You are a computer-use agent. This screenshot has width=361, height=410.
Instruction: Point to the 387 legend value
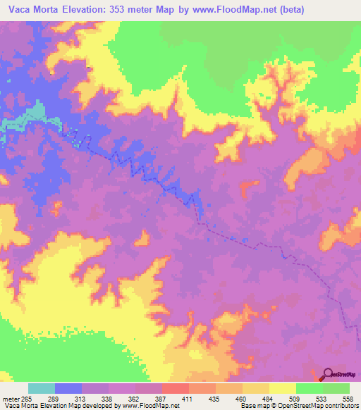tap(178, 399)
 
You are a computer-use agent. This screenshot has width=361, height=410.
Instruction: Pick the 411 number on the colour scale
tap(206, 399)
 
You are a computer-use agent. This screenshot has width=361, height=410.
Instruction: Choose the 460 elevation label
tap(261, 399)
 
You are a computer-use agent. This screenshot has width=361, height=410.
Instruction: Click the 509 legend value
tap(316, 399)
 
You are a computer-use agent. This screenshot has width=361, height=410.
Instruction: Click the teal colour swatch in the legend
tap(42, 389)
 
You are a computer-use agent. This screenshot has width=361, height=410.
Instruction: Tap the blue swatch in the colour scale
tap(68, 389)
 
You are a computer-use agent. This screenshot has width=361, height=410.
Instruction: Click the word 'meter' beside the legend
tap(12, 399)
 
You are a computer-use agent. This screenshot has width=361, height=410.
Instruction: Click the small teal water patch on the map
tap(21, 124)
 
